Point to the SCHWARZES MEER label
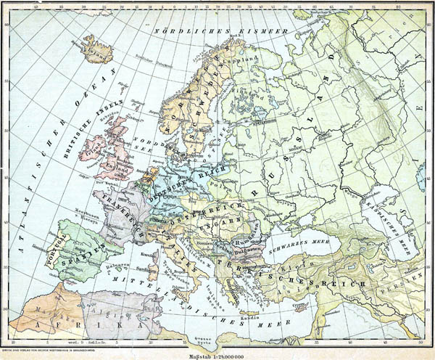pos(279,237)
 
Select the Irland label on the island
pos(93,153)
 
